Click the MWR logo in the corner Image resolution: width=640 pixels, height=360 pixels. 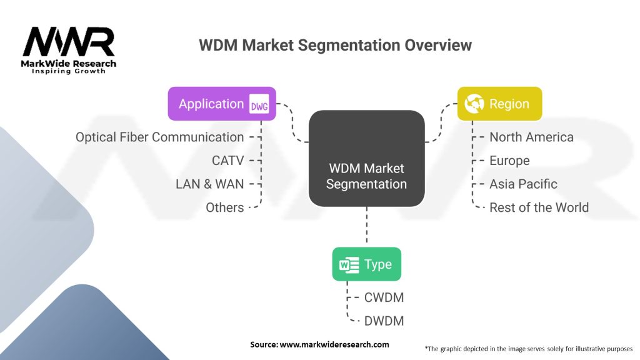(69, 50)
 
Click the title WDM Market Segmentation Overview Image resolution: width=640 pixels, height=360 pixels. (335, 45)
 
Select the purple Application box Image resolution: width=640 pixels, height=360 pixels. (222, 104)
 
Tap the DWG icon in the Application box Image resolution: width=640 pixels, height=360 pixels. (259, 104)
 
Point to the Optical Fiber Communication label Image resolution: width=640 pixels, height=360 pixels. (159, 137)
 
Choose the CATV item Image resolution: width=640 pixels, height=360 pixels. (227, 161)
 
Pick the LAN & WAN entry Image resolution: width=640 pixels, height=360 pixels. (210, 184)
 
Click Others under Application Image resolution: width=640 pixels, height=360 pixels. (225, 207)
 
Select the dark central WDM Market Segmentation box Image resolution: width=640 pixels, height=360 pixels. (366, 158)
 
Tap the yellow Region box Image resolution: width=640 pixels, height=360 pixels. (499, 104)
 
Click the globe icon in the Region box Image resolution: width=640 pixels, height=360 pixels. (474, 104)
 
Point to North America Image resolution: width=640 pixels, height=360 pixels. (531, 137)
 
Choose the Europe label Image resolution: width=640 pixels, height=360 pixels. (509, 161)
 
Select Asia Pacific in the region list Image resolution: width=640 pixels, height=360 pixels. (523, 184)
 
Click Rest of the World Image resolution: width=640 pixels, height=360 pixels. (539, 207)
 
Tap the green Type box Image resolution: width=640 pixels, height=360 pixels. (366, 264)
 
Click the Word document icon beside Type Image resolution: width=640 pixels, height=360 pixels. (349, 264)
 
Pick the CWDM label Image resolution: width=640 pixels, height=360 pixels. (384, 297)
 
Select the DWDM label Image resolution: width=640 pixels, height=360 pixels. (384, 321)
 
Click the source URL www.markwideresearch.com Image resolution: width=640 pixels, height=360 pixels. (334, 344)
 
